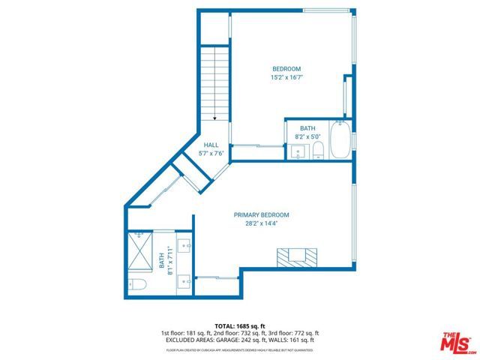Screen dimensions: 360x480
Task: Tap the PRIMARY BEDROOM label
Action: pos(261,214)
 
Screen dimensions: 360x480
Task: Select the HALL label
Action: pos(211,145)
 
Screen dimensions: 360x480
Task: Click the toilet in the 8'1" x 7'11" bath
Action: pos(137,284)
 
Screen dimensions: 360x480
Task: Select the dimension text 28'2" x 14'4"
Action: pos(261,223)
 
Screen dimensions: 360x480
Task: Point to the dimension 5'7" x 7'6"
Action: pos(211,154)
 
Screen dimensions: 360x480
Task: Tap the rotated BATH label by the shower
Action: pos(161,261)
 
